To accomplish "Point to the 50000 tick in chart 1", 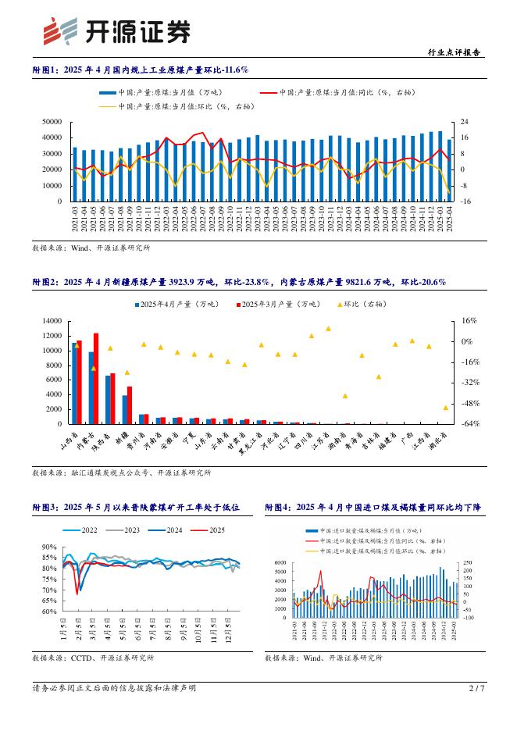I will tap(51, 122).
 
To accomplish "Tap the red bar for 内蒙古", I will tap(96, 379).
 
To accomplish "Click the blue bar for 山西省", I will tap(74, 383).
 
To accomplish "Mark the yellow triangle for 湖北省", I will tap(445, 408).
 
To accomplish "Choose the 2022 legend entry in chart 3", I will tap(85, 530).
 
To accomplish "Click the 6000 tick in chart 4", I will tap(280, 562).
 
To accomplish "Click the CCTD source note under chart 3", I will tap(90, 658).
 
